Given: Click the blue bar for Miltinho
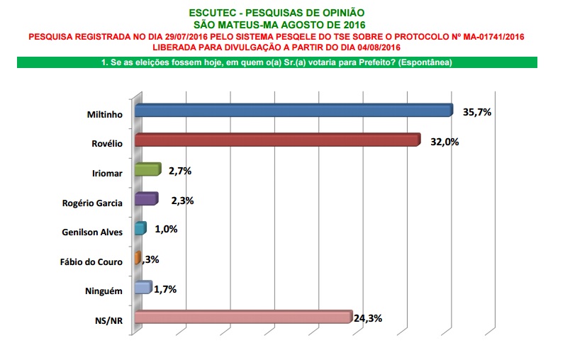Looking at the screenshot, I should click(293, 111).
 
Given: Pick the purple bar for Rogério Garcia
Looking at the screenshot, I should click(145, 199).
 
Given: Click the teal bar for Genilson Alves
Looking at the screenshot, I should click(140, 229).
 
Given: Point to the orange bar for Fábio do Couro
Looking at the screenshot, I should click(138, 259).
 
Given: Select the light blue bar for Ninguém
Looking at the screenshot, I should click(142, 288).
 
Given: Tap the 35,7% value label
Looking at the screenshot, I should click(477, 111).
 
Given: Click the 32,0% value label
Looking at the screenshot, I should click(445, 141).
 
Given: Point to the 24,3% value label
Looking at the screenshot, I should click(367, 318).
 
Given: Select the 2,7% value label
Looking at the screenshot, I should click(180, 171).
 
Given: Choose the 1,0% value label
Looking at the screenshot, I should click(165, 229).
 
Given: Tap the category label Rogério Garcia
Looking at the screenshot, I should click(93, 203).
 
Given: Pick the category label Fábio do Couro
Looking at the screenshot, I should click(91, 261).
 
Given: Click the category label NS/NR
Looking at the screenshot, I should click(109, 321).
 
